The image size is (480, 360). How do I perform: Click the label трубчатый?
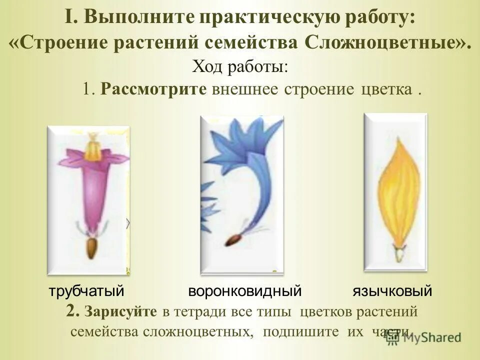86,291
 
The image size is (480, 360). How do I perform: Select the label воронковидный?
245,291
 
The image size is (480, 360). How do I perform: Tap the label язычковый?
392,291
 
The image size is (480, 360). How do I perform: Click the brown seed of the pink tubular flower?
92,248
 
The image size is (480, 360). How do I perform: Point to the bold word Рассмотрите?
153,89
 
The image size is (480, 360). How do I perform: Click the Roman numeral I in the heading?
69,17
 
